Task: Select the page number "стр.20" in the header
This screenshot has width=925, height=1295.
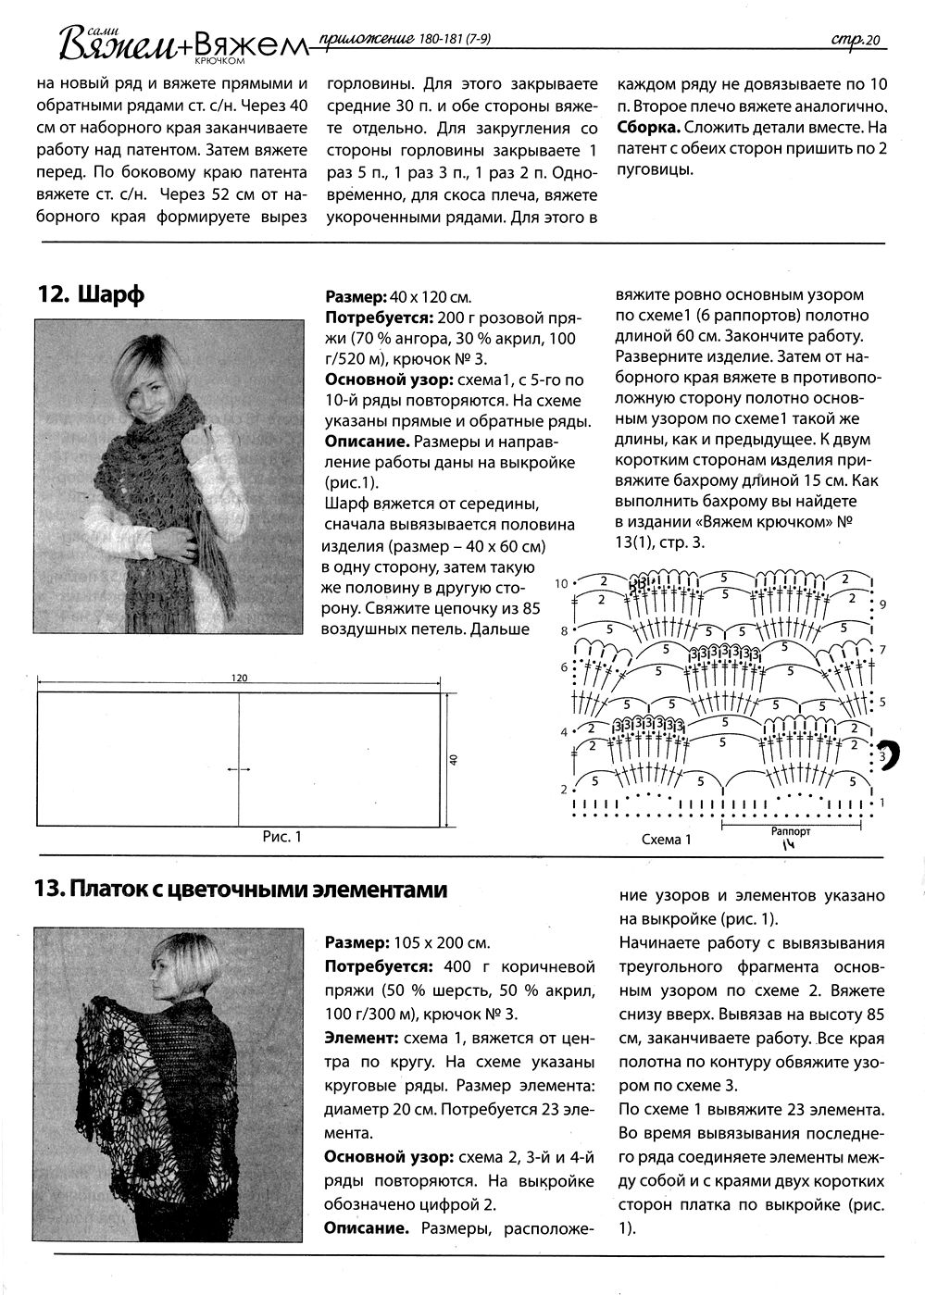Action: tap(853, 38)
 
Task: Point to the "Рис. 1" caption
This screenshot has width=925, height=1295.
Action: tap(282, 837)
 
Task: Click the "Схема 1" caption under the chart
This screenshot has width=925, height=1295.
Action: tap(667, 840)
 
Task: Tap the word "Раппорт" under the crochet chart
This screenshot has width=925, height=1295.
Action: tap(790, 831)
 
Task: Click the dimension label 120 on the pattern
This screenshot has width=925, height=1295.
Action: tap(240, 679)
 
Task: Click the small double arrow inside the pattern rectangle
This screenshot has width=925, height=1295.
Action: tap(239, 768)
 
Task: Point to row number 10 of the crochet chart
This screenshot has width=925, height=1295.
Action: tap(561, 584)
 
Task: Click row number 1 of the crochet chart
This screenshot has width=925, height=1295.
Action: tap(882, 802)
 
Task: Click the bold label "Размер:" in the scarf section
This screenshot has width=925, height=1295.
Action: tap(356, 298)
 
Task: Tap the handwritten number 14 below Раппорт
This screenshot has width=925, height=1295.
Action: tap(788, 844)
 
